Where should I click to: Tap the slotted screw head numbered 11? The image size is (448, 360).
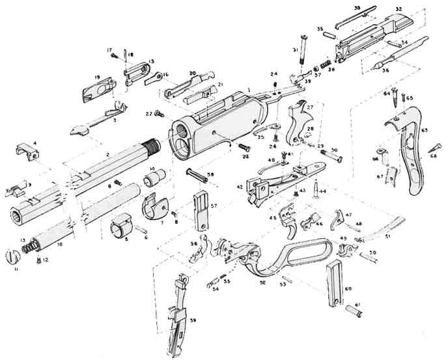12,256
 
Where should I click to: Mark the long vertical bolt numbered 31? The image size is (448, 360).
301,50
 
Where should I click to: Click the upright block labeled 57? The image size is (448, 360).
202,209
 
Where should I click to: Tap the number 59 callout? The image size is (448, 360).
193,320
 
